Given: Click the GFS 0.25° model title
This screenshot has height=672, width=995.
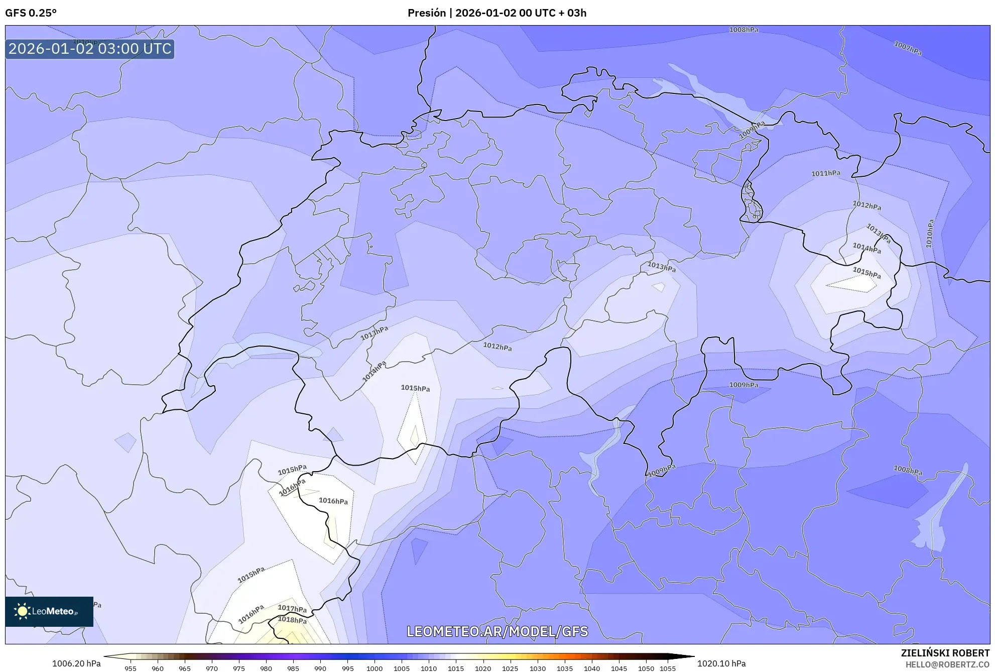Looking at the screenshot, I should pos(31,13).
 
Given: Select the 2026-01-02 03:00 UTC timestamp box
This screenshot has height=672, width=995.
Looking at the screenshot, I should pos(90,49).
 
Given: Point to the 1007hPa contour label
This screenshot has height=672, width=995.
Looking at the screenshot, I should pos(908,48).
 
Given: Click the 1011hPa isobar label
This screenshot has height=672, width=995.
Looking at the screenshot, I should pos(826,173).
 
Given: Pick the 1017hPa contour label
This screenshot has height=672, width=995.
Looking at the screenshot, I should pos(292,609).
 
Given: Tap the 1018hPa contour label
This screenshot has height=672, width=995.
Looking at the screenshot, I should pos(292,620).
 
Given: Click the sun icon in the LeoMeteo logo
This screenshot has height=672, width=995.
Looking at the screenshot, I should pos(22,611).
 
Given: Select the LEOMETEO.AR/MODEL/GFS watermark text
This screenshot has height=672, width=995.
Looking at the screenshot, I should pos(497,631).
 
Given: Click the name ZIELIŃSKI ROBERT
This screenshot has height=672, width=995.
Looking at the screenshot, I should pos(945,653).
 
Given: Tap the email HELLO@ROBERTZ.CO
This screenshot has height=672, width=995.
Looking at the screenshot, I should pos(947,664).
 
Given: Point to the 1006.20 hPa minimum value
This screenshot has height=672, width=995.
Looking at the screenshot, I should pos(76,663).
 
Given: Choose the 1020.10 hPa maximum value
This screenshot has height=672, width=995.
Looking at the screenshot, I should pos(721,663).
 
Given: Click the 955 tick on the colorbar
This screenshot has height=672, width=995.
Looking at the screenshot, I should pos(131,668).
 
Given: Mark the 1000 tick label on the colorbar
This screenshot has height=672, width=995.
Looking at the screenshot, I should pos(375,668).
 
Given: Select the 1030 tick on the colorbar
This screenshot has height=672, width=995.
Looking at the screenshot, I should pos(537,668).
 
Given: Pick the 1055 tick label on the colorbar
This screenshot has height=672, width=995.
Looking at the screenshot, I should pos(668,668).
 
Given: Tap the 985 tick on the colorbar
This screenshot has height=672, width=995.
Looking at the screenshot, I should pos(293,668).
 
